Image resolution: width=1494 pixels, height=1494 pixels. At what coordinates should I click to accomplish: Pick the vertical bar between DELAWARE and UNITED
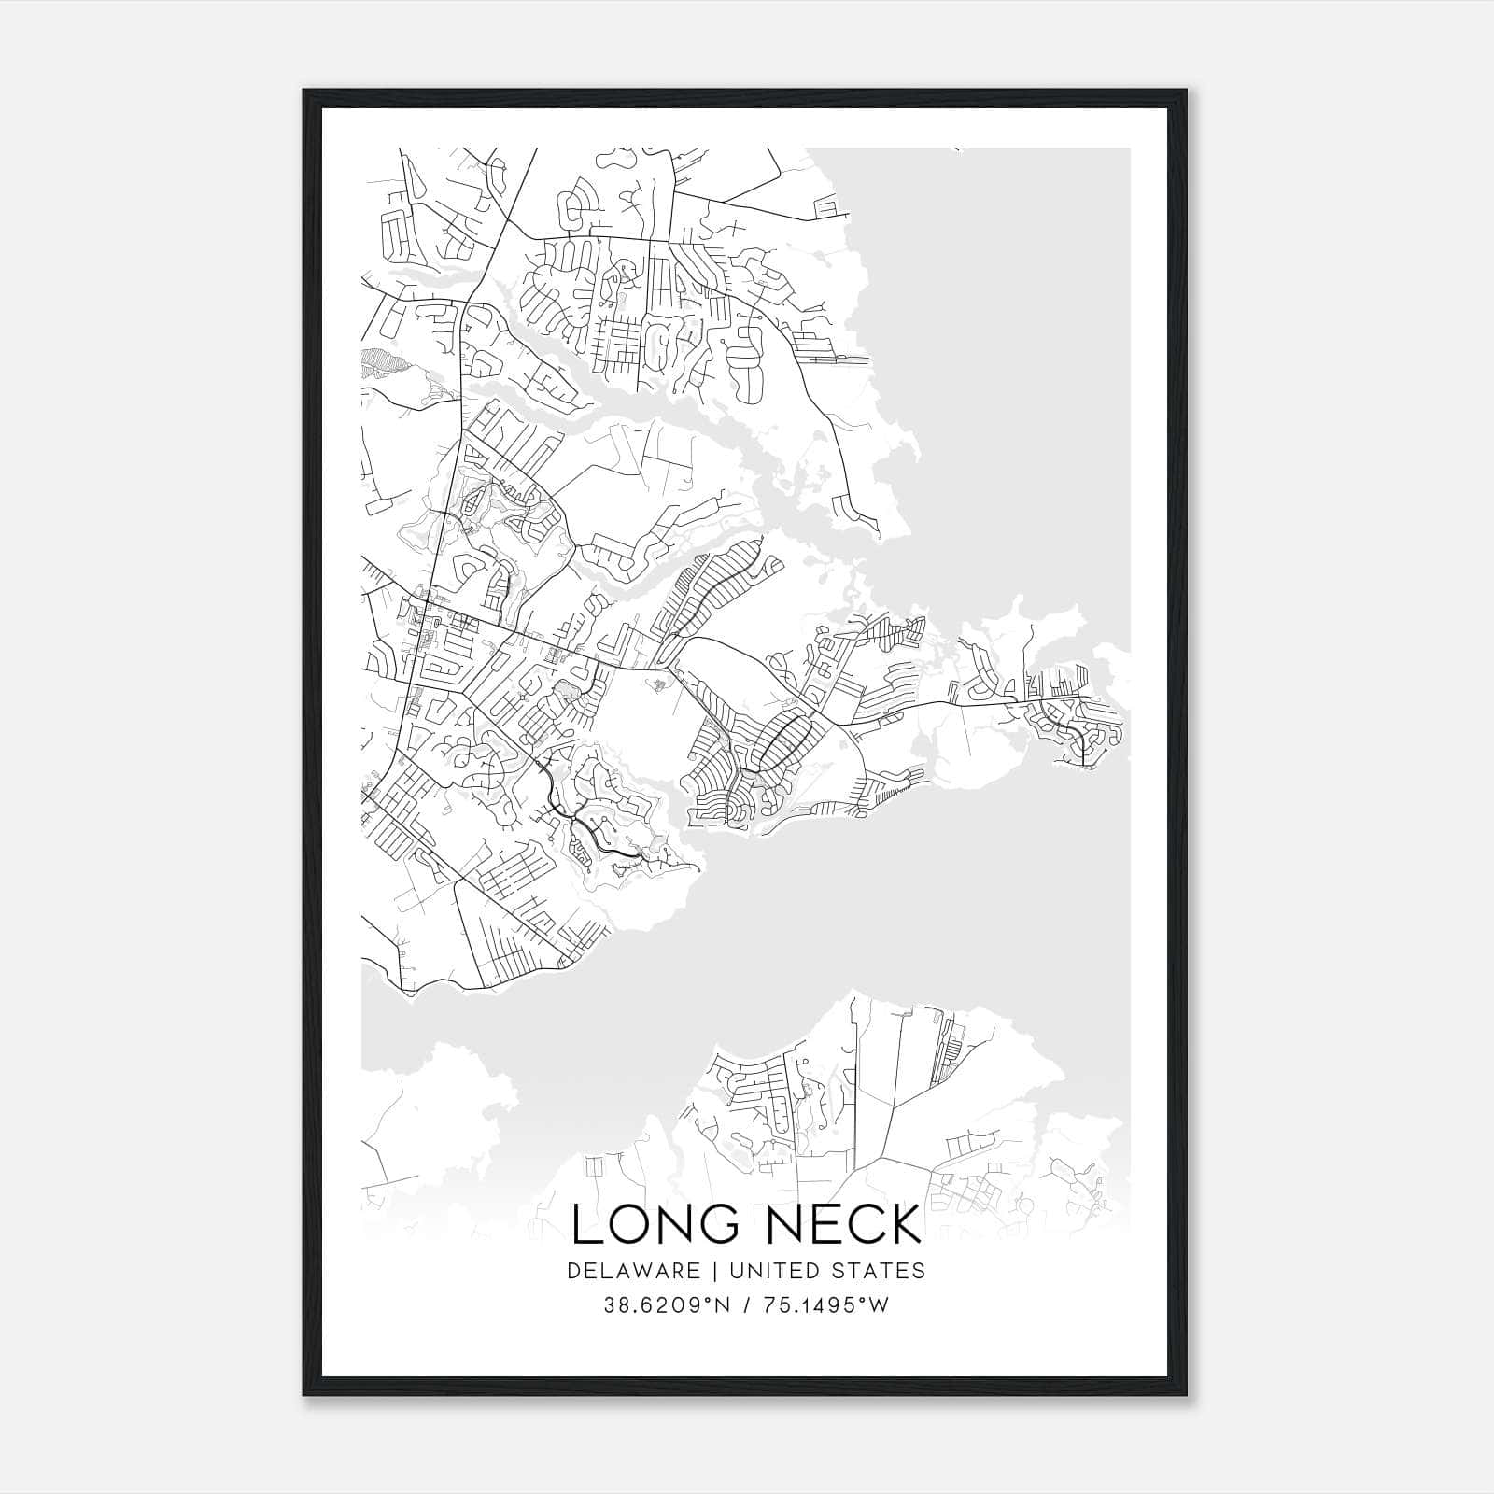[714, 1271]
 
